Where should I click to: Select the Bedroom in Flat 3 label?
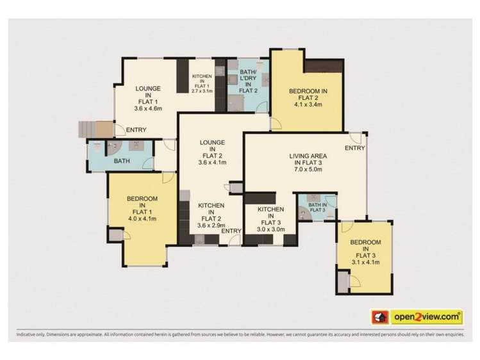364,251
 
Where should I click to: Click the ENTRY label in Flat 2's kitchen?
231,231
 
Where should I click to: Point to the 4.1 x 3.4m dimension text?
308,106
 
